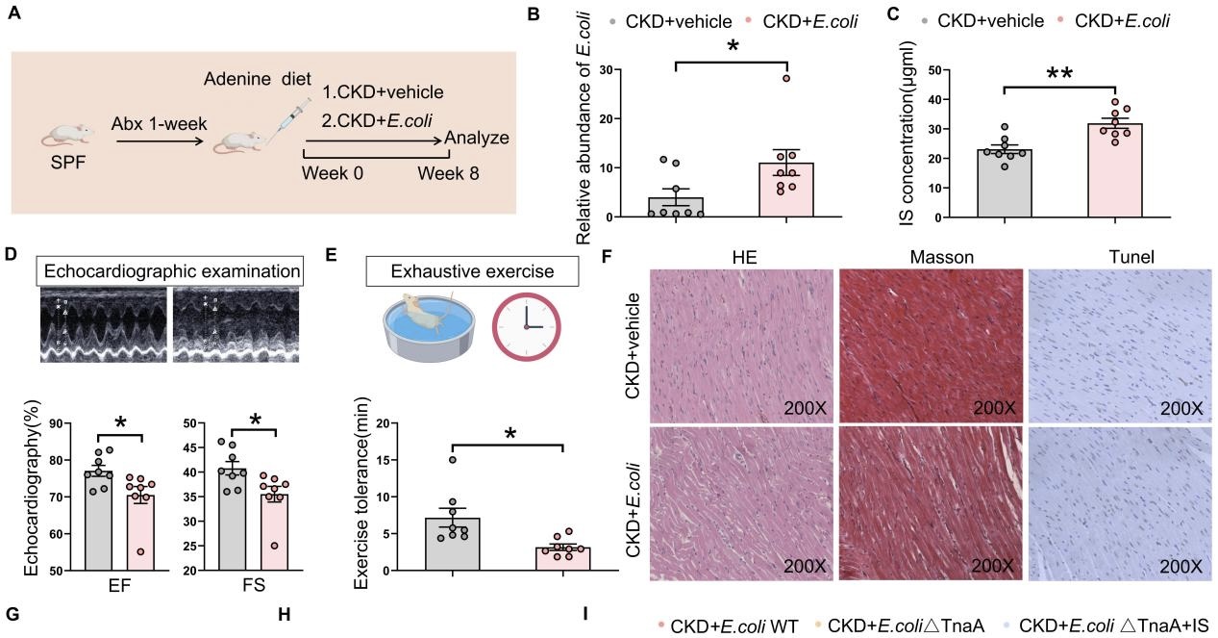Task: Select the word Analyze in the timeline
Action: click(477, 138)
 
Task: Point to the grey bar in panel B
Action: click(676, 206)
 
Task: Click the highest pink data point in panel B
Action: click(786, 79)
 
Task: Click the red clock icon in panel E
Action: click(525, 326)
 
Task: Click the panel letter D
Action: click(12, 255)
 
